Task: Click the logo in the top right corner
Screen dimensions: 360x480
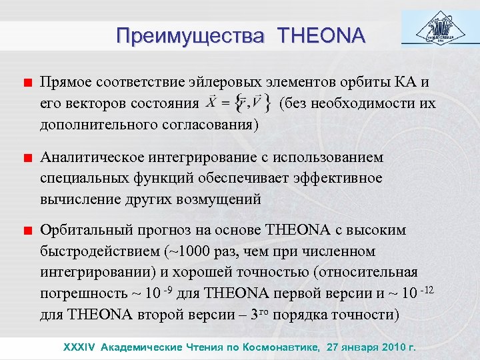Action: [437, 27]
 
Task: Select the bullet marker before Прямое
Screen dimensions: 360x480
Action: [27, 83]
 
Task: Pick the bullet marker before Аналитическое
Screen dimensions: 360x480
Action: [27, 159]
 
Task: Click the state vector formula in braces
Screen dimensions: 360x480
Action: [237, 103]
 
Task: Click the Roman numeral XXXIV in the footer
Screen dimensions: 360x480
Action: [79, 347]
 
